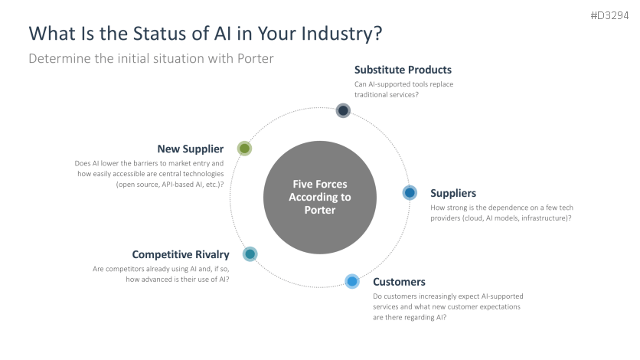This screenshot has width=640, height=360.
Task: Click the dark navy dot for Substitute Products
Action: (343, 110)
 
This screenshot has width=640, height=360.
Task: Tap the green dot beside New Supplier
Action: (244, 149)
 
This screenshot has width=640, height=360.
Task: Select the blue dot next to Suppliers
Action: (410, 193)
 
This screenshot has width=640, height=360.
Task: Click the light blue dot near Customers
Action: (351, 281)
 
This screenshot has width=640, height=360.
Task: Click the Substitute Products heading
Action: (403, 70)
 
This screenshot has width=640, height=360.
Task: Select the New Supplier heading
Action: (190, 149)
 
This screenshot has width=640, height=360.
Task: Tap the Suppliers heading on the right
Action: (453, 193)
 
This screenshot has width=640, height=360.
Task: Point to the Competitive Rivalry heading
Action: (180, 254)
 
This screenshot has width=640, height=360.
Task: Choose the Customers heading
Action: (399, 282)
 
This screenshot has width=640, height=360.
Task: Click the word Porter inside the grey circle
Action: (320, 210)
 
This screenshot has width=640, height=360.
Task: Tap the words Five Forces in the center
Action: (320, 184)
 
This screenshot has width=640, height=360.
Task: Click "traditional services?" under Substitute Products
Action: (387, 94)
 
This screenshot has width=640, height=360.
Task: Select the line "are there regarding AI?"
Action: (410, 317)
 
